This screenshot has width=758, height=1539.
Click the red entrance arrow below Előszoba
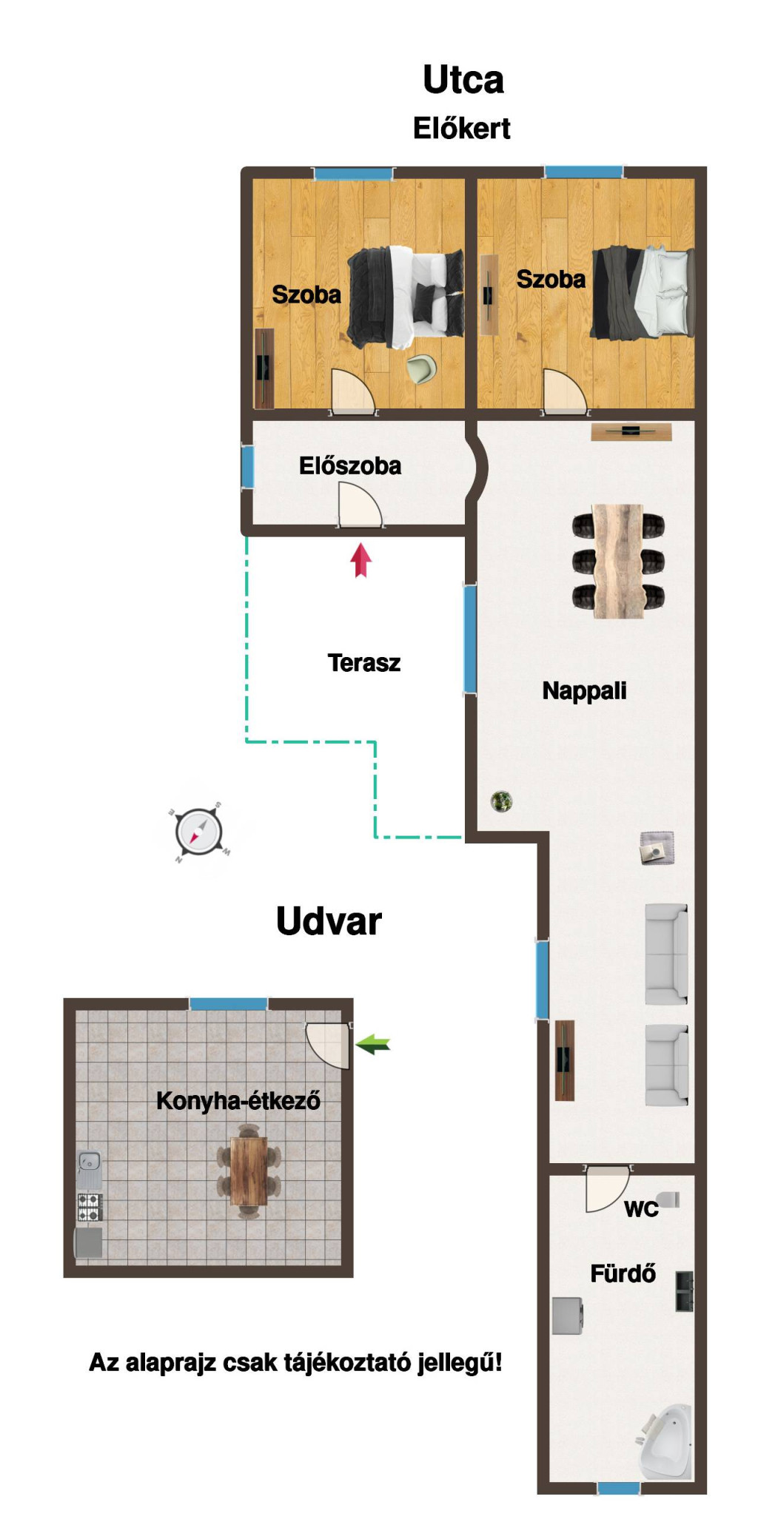point(360,560)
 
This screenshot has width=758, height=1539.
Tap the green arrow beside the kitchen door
point(373,1045)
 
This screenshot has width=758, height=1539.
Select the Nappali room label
point(584,691)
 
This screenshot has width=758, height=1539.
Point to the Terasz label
point(363,662)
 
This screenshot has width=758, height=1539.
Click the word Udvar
point(329,921)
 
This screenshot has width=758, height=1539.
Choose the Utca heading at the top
point(463,79)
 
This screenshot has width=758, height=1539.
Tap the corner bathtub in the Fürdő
point(665,1441)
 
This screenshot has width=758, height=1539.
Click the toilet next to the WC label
point(668,1199)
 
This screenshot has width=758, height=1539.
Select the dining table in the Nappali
point(618,561)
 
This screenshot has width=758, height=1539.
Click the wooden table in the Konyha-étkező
point(249,1171)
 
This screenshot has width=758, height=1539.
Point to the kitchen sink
point(89,1170)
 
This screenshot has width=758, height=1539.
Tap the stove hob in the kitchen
point(90,1207)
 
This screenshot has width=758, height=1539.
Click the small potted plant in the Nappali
point(501,801)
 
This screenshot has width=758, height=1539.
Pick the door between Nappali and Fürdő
point(607,1189)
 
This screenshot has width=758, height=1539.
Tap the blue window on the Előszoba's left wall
point(248,466)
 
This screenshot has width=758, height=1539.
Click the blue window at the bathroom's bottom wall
point(619,1488)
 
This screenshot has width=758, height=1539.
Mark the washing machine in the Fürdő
point(568,1316)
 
